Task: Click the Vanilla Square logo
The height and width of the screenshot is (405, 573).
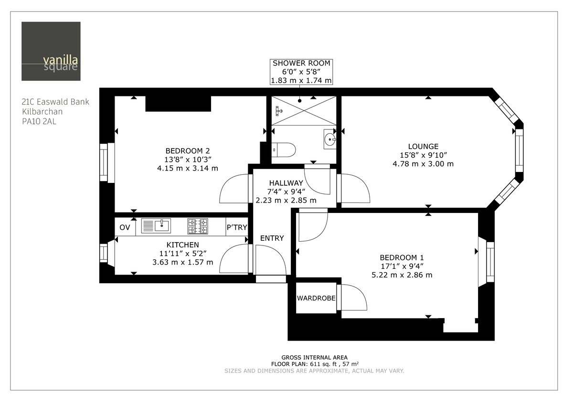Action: point(51,51)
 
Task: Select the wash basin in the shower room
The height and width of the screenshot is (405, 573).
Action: point(329,139)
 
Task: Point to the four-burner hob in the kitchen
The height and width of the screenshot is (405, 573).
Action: point(198,226)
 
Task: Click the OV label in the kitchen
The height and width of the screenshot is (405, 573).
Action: point(125,227)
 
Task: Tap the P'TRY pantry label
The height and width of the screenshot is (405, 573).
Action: point(237,227)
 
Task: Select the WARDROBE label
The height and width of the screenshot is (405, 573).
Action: point(316,298)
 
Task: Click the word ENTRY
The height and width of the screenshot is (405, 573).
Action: point(272,238)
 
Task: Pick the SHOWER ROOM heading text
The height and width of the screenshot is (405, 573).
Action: point(301,63)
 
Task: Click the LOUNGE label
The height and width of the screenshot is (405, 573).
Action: point(423,146)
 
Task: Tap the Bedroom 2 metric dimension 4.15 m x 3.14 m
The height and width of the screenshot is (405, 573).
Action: point(187,168)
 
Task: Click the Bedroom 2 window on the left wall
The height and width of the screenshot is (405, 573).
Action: point(104,162)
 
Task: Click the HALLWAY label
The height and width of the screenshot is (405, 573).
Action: point(286,183)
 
